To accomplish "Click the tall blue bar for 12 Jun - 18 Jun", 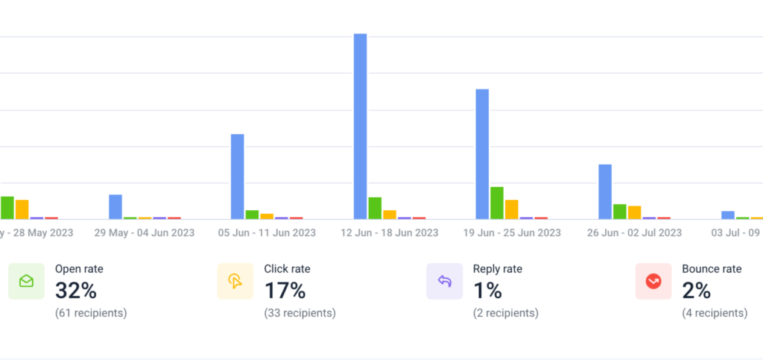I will [x=360, y=127].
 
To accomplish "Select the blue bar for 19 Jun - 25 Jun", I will [x=482, y=154].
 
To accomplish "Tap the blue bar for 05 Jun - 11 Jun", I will [x=238, y=177].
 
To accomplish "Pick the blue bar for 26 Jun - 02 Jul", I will [x=605, y=192].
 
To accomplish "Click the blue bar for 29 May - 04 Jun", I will [x=115, y=206].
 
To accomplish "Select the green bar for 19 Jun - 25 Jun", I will [x=497, y=203].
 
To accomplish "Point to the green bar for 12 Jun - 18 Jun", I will [x=375, y=208].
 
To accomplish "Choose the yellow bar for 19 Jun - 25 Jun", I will [x=511, y=209].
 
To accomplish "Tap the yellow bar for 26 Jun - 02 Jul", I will [x=634, y=212].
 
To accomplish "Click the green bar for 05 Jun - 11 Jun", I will [x=252, y=215].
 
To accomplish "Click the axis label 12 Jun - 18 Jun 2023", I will [x=389, y=233].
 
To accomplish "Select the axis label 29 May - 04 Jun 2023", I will [x=144, y=233].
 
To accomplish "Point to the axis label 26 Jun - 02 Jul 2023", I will [x=634, y=233].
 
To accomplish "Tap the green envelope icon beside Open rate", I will [x=26, y=281].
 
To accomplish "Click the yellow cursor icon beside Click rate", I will [x=235, y=281].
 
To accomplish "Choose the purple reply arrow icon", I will [x=445, y=281].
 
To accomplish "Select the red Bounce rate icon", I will [x=653, y=281].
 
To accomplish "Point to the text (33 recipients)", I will [x=300, y=313].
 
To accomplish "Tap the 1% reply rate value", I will [x=489, y=290].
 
